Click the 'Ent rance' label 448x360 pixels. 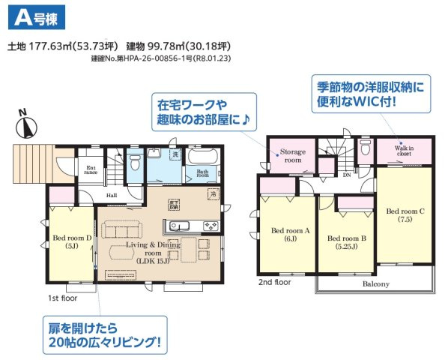[x=91, y=171]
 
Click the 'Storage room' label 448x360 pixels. [x=292, y=155]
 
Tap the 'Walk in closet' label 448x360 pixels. [x=405, y=150]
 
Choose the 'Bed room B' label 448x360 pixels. [x=345, y=241]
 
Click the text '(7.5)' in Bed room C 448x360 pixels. [x=405, y=220]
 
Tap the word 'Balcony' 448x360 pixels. [x=375, y=284]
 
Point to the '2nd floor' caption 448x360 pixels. [x=274, y=283]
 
